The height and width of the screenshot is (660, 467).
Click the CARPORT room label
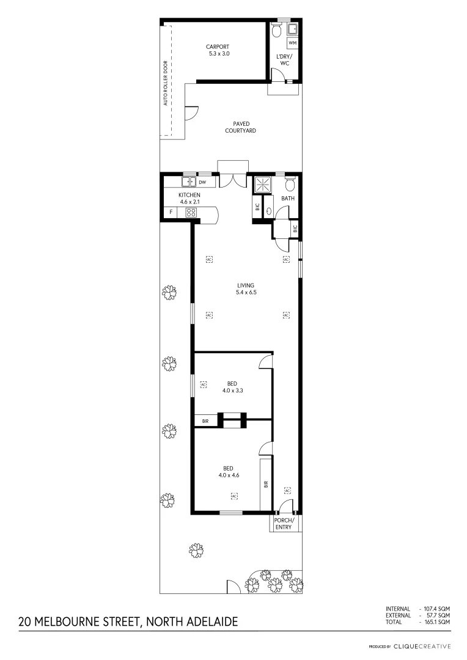(x=218, y=50)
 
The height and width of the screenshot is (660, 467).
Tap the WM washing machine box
(x=292, y=43)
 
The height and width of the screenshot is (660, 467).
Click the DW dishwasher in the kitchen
(x=202, y=182)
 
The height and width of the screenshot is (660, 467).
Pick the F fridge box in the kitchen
(x=171, y=213)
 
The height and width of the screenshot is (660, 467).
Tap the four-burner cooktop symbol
(x=191, y=213)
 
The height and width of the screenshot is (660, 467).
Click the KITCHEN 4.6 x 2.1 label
(x=189, y=198)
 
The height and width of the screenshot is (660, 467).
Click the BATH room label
(x=288, y=199)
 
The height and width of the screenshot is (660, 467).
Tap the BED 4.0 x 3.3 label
(x=232, y=387)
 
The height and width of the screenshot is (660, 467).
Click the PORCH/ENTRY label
(x=284, y=523)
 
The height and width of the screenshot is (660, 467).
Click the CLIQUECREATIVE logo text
(x=422, y=646)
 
